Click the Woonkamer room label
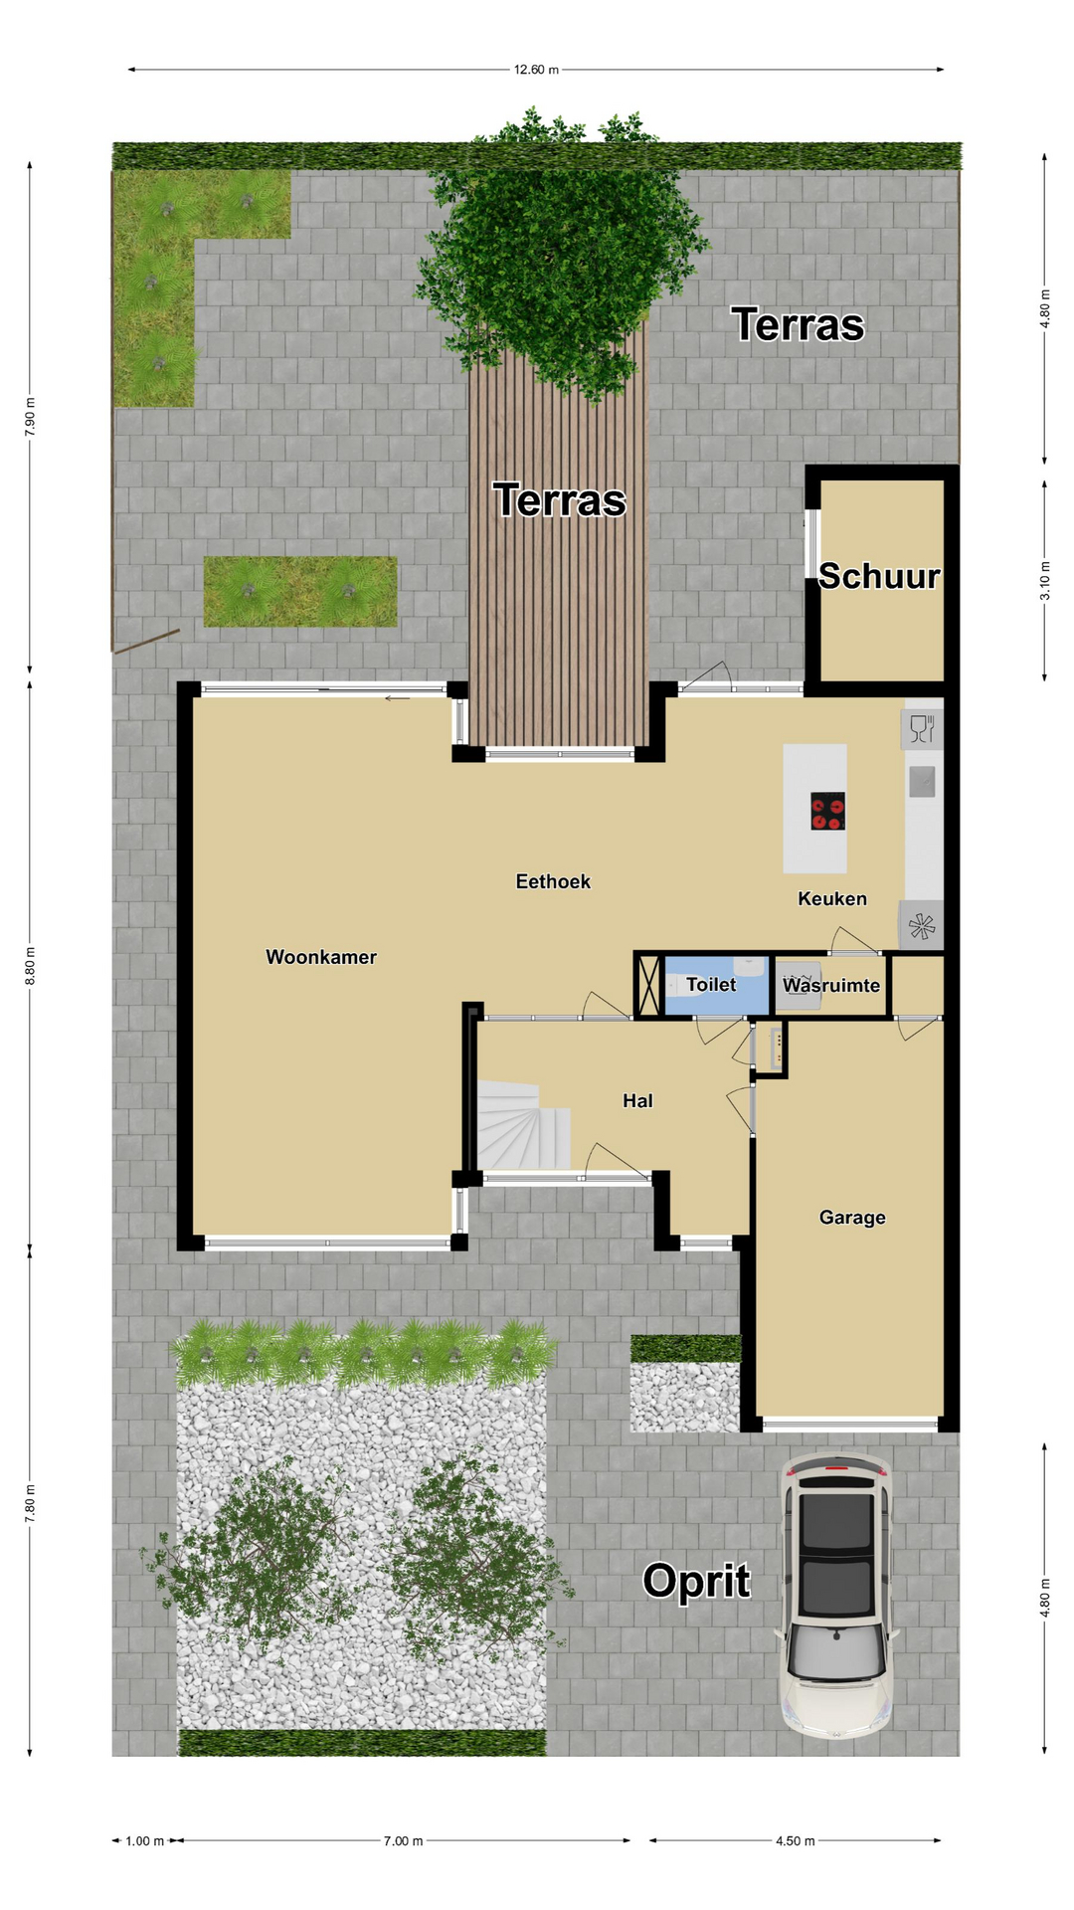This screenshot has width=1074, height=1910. point(321,957)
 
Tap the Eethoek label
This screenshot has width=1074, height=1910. point(553,881)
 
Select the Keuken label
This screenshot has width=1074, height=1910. point(832,898)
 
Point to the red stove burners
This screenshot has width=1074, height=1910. point(827,811)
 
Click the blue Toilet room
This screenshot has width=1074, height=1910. point(716,985)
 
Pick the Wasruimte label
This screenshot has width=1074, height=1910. point(831,985)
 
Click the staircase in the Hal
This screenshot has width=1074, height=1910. point(523,1124)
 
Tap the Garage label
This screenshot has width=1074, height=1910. point(852,1217)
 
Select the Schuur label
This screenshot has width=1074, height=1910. point(879,576)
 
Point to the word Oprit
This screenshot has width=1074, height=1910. point(696,1582)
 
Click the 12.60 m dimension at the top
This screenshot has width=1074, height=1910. point(536,70)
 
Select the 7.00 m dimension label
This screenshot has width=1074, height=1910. point(403,1841)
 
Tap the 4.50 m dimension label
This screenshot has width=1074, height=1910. point(795,1841)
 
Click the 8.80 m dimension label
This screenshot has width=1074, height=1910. point(30,966)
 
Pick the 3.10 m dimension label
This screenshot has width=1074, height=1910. point(1045,581)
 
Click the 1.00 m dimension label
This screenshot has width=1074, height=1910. point(144,1841)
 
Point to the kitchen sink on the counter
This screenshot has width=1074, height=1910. point(922,782)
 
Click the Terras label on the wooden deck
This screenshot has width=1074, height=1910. point(560,500)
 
